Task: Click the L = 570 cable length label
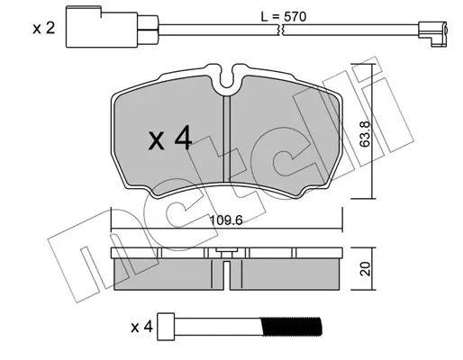click(x=284, y=16)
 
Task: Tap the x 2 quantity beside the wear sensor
click(x=44, y=29)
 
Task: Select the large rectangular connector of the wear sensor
click(x=102, y=27)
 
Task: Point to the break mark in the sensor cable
click(x=282, y=30)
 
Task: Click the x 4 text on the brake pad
click(x=170, y=138)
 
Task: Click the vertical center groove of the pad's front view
click(x=227, y=139)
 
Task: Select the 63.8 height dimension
click(x=365, y=134)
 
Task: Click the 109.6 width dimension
click(x=226, y=220)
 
